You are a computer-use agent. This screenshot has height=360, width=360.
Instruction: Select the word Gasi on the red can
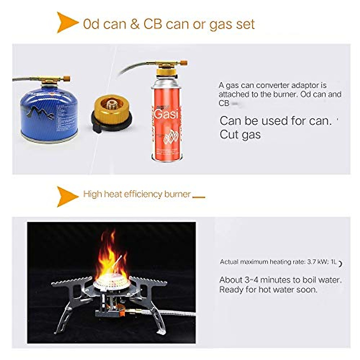(x=166, y=114)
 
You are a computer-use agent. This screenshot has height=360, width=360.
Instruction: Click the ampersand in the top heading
(x=135, y=24)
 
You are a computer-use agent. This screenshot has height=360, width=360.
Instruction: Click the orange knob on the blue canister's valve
(x=67, y=79)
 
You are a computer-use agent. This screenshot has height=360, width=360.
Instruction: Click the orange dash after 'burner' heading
(x=199, y=197)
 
